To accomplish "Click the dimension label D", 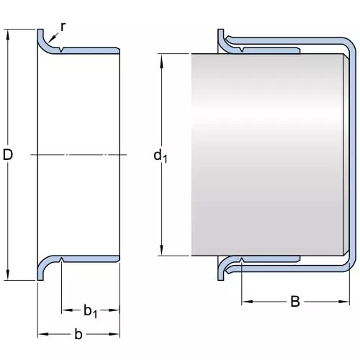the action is [8, 155].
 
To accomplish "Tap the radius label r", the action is [63, 27].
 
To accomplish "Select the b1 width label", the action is [90, 311].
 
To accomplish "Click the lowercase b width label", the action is [78, 334].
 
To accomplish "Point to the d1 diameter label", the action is [160, 156].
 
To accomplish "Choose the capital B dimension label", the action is [295, 302].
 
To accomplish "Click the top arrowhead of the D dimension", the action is [8, 35].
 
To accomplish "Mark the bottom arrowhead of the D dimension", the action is [8, 275].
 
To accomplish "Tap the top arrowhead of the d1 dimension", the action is [161, 59].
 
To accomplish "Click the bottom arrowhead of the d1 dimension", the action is [161, 251].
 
